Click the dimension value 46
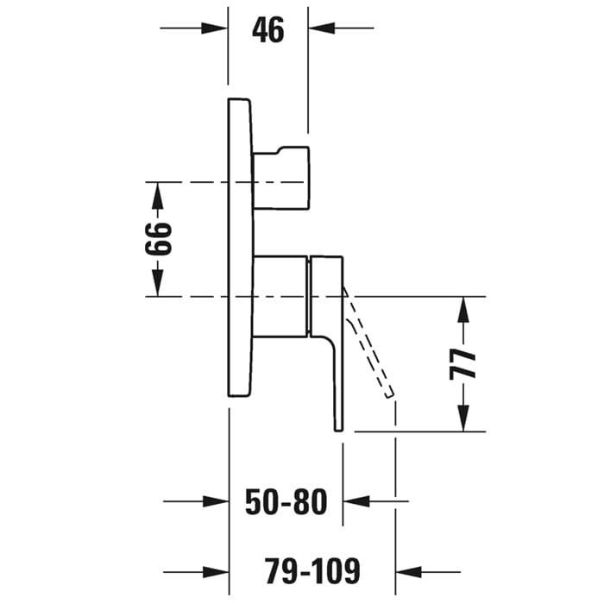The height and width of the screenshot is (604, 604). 268,30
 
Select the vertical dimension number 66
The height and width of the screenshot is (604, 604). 158,239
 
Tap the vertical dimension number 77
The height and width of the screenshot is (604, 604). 463,364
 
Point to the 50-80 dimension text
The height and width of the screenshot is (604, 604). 286,501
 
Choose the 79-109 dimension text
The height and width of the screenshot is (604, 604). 312,571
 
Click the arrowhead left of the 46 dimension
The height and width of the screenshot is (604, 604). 215,28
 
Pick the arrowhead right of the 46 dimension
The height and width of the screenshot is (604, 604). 321,28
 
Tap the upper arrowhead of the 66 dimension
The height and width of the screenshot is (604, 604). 157,195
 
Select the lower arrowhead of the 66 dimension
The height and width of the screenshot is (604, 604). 157,283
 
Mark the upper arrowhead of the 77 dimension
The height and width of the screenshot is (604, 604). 464,311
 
